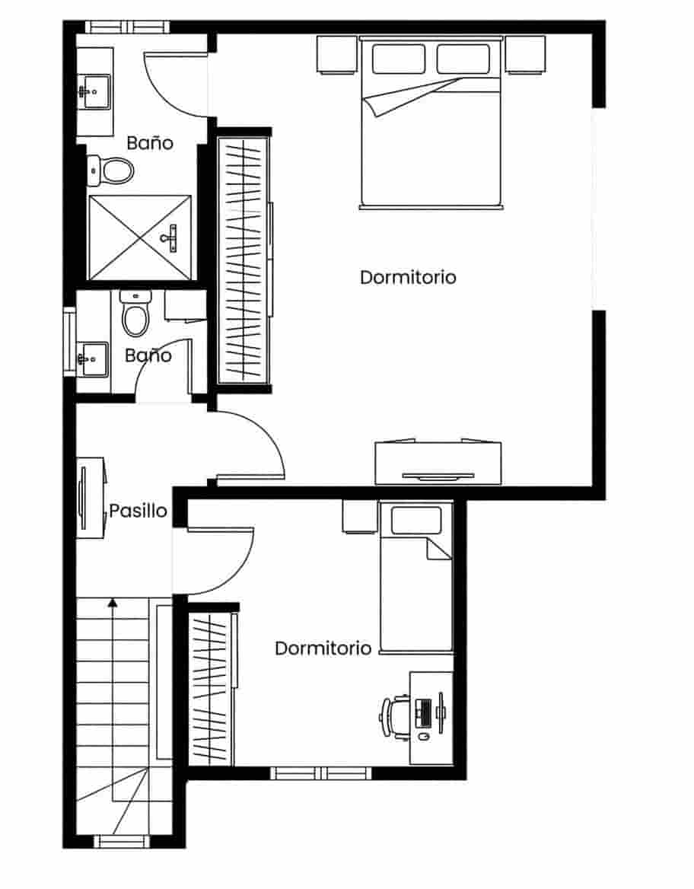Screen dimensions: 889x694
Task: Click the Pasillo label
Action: pos(138,510)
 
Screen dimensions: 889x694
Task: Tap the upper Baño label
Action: pos(150,142)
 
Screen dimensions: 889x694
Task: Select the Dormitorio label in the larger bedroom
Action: pos(408,277)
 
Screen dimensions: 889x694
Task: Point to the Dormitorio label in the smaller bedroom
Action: pos(323,648)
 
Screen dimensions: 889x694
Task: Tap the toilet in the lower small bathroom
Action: pos(135,317)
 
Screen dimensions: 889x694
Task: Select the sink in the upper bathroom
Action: pos(94,92)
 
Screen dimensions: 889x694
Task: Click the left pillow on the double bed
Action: pos(399,59)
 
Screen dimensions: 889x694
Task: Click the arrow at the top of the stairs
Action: pos(113,603)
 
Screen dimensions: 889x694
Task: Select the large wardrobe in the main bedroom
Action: pos(244,259)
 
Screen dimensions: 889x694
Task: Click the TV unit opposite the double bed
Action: pos(438,464)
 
